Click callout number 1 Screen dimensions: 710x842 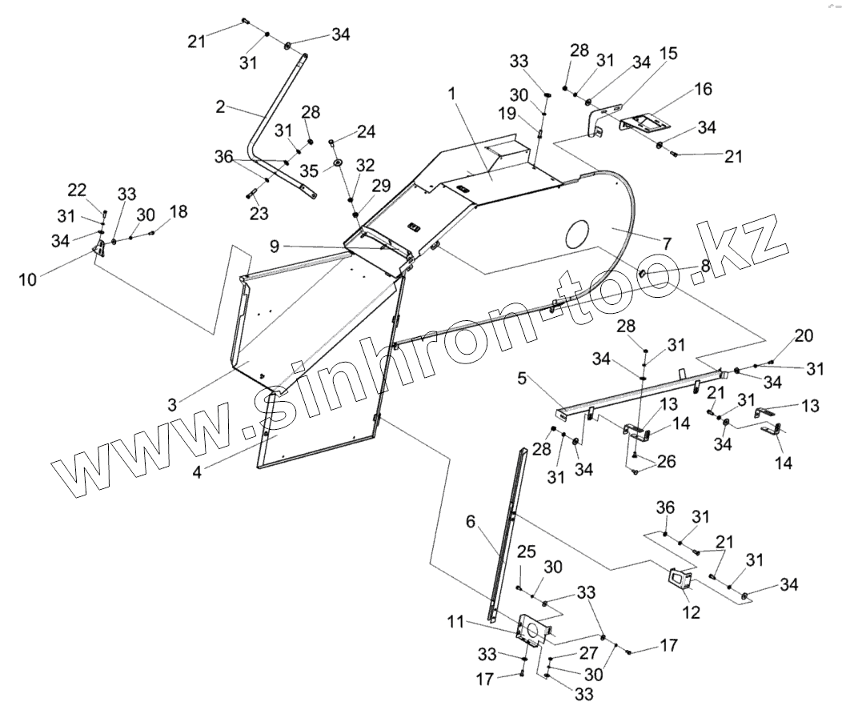[x=452, y=94]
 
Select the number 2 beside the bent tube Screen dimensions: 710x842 [x=222, y=106]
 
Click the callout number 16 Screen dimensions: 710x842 [x=703, y=89]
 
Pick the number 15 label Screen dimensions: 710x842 [x=668, y=54]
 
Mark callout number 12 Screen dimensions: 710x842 [x=690, y=612]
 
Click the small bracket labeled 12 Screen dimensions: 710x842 [x=680, y=580]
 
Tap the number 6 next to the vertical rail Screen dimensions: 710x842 [x=471, y=522]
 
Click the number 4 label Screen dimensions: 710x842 [x=197, y=471]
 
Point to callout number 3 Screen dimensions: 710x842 [x=172, y=405]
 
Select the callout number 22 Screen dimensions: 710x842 [x=76, y=190]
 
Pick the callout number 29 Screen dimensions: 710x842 [x=381, y=186]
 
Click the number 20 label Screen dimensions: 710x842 [x=804, y=335]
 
